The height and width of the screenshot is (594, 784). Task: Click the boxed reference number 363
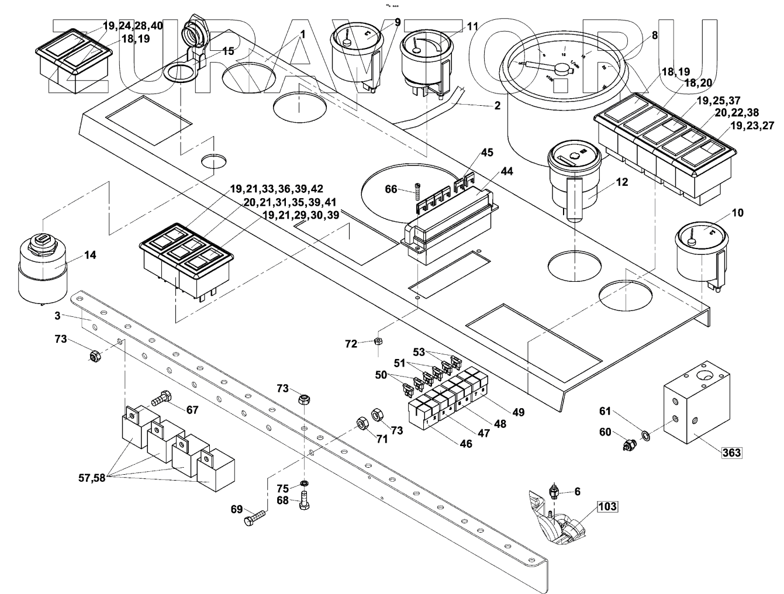pos(731,453)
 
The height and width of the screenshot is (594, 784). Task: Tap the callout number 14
pos(90,255)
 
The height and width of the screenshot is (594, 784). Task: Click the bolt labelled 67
pos(160,400)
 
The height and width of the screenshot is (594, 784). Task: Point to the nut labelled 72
pos(378,340)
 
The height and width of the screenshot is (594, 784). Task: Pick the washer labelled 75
pos(304,483)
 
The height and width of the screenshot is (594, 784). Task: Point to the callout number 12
pos(621,182)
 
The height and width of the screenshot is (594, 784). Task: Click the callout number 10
pos(738,213)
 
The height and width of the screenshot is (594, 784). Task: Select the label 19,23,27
pos(751,126)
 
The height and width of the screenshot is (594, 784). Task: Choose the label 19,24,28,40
pos(133,26)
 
